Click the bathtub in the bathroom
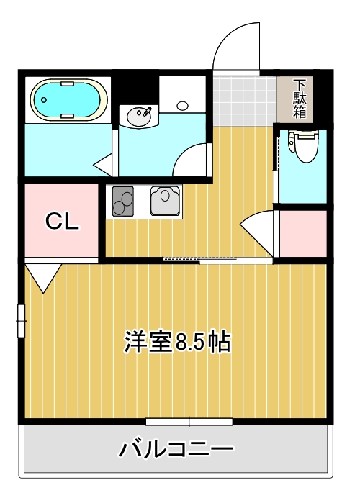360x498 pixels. pyautogui.click(x=68, y=99)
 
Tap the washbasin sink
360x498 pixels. pyautogui.click(x=138, y=115)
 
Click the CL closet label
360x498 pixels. pyautogui.click(x=62, y=221)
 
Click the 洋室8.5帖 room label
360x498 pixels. pyautogui.click(x=177, y=341)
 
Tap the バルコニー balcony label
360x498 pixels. pyautogui.click(x=176, y=451)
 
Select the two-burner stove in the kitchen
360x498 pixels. pyautogui.click(x=122, y=201)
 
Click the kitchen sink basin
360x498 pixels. pyautogui.click(x=166, y=200)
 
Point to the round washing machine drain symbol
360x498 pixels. pyautogui.click(x=182, y=105)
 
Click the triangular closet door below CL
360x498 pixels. pyautogui.click(x=43, y=276)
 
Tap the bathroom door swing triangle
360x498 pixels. pyautogui.click(x=107, y=165)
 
